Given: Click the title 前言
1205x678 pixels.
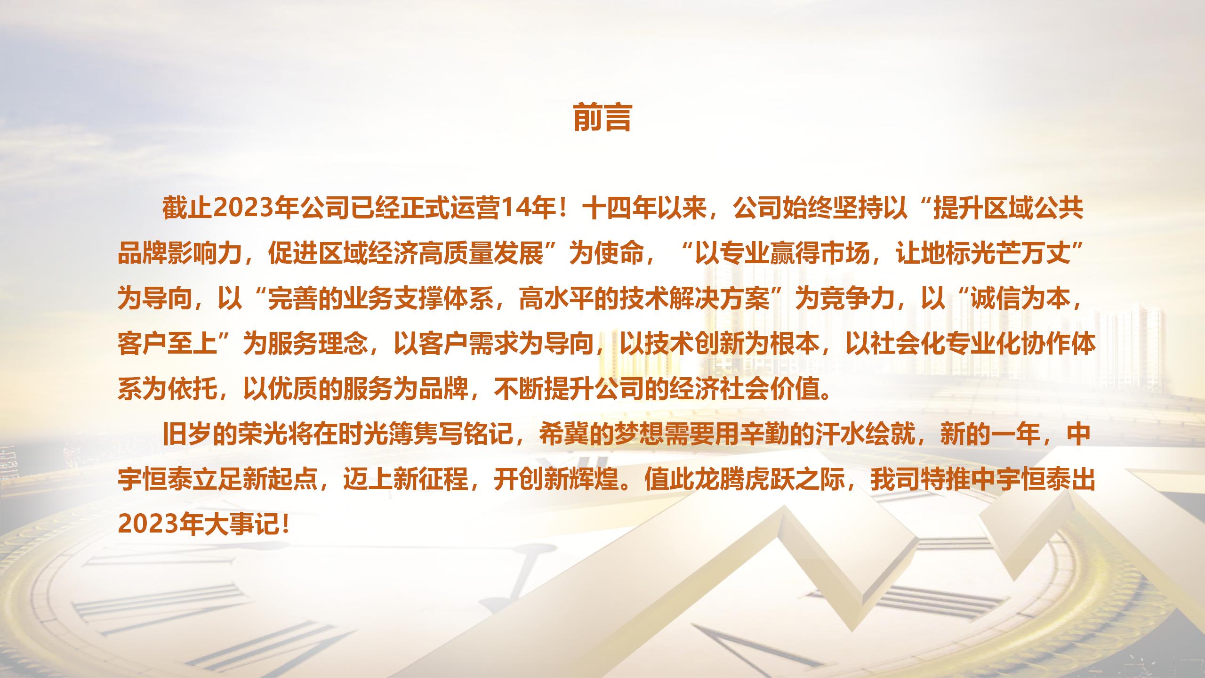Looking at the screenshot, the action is click(602, 118).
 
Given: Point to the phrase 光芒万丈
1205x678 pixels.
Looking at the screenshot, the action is click(1007, 255).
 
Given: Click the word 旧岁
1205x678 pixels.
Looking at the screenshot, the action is click(187, 436).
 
